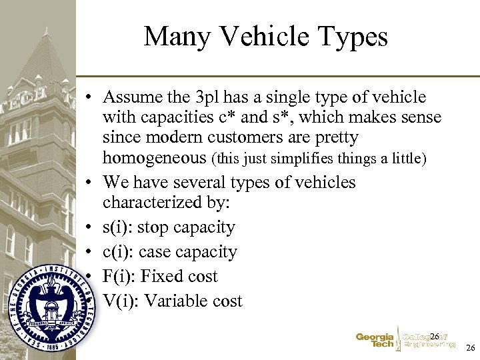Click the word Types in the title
[353, 37]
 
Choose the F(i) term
[119, 276]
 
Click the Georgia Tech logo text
[375, 341]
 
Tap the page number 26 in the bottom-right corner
[471, 348]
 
